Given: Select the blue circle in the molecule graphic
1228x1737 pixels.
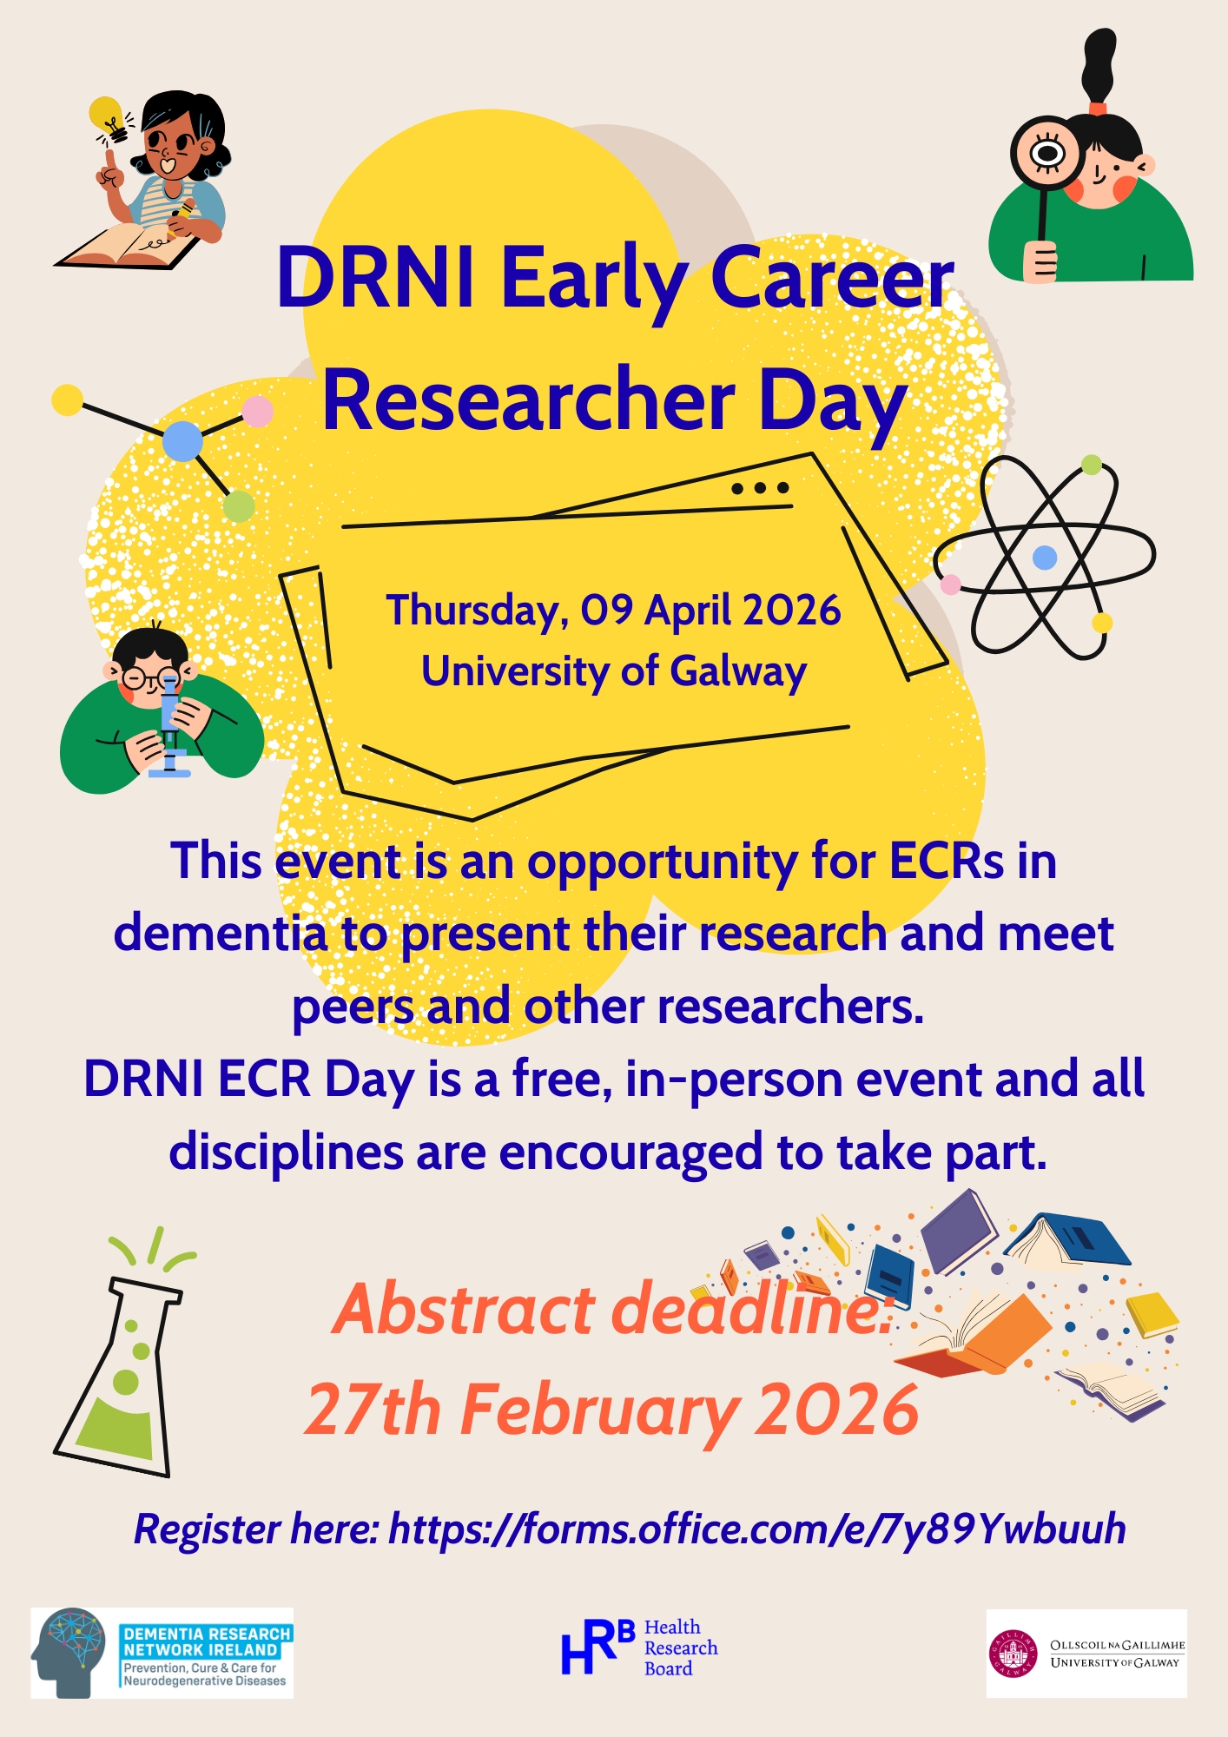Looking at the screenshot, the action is click(182, 440).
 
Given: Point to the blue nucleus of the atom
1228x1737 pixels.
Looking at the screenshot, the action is click(1045, 557).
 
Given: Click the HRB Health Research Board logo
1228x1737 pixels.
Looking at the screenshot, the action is click(640, 1647).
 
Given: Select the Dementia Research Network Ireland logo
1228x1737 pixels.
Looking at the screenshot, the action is click(162, 1653).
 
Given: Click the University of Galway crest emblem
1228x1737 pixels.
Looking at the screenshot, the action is click(1013, 1654).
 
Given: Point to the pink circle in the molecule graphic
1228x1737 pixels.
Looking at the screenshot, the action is click(257, 411).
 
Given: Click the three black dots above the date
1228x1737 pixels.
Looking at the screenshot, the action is click(760, 488).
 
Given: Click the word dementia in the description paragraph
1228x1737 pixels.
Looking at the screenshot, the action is click(221, 934).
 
